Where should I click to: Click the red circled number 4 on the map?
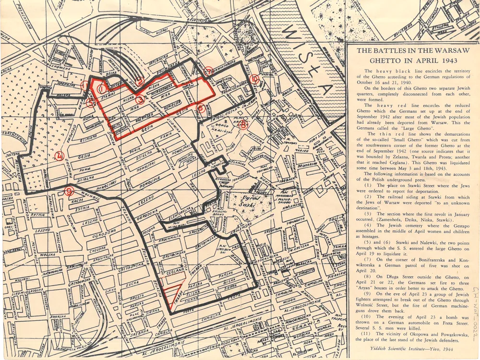[59, 155]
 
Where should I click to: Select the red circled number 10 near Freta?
[254, 79]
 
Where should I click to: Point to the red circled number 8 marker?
[244, 125]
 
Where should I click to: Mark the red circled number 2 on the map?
[139, 81]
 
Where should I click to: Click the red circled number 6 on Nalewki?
[201, 108]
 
